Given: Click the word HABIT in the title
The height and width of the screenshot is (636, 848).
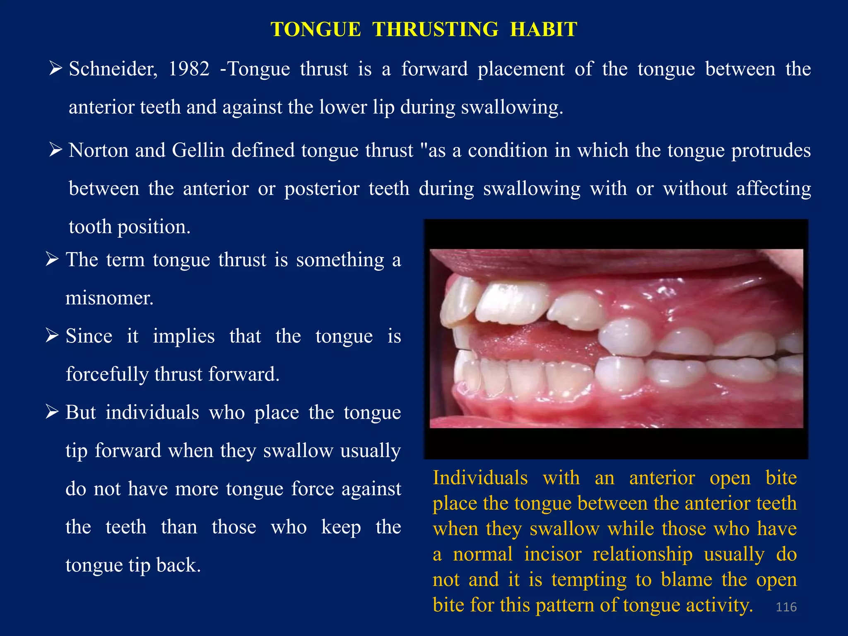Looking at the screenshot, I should click(543, 29).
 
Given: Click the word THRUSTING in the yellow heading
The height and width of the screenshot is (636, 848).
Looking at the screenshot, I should click(435, 29).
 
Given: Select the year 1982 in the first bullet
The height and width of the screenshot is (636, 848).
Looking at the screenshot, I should click(189, 69).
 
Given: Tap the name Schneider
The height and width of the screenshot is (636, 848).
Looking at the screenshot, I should click(113, 69).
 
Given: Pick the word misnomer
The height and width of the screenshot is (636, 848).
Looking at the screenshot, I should click(109, 298).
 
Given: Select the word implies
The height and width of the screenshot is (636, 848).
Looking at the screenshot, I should click(183, 336).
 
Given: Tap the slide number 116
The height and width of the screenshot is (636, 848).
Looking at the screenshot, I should click(786, 607).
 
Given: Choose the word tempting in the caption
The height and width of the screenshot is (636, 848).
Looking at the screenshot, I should click(589, 579).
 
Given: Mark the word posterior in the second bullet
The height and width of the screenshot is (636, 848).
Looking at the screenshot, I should click(322, 189).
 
